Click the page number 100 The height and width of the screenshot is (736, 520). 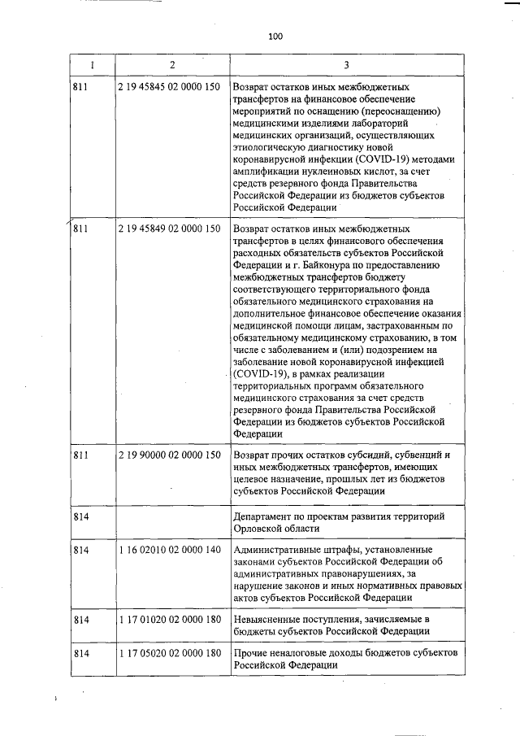pos(274,36)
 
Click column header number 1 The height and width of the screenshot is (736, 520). pos(92,64)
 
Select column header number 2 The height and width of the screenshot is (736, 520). pos(172,64)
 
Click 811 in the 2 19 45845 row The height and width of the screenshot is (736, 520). pos(80,85)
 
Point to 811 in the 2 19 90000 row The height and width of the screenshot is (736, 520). pos(80,455)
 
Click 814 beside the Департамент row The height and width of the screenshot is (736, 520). pos(80,518)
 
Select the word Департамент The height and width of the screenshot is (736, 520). pos(264,518)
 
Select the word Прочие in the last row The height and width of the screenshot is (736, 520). pos(249,655)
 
